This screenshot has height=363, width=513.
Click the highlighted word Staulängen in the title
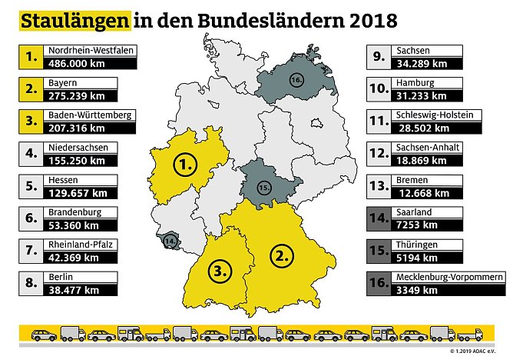point(73,21)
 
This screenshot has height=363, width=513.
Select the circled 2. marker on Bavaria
point(283,255)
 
